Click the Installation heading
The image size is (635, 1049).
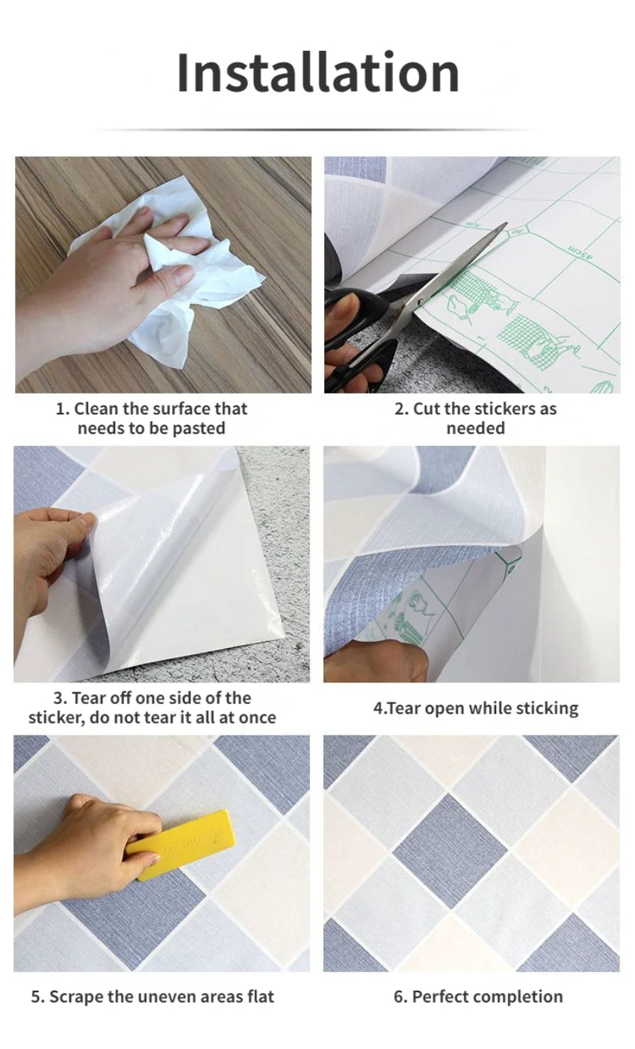317,72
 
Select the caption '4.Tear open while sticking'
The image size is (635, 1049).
475,708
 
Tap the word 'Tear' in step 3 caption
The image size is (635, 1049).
88,698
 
